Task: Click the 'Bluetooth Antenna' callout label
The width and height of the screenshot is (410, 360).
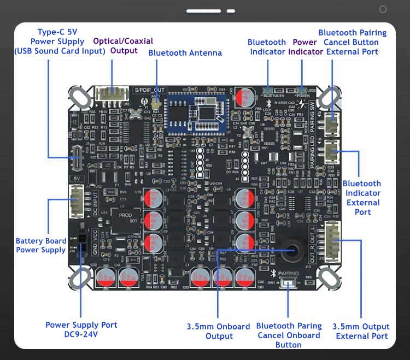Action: point(185,53)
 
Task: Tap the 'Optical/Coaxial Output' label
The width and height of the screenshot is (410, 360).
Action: point(123,46)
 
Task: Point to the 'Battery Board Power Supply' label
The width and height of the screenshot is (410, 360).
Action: point(41,245)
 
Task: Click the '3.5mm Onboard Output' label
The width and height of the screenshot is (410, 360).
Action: point(218,331)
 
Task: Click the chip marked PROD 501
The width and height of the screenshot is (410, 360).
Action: point(126,217)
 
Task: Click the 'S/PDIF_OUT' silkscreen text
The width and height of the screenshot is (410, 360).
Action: point(149,90)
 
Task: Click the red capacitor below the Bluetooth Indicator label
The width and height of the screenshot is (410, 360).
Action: point(245,97)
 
